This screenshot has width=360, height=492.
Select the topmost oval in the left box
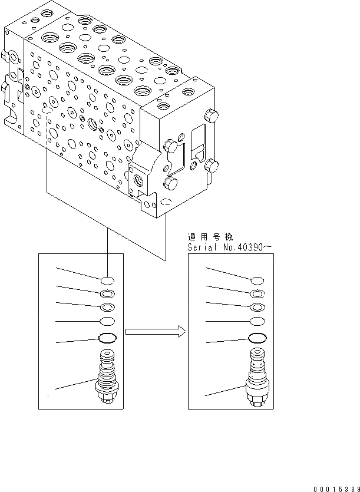coord(108,280)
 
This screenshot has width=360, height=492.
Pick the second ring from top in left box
coord(108,294)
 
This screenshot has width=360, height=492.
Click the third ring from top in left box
coord(108,307)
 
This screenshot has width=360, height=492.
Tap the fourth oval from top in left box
coord(108,321)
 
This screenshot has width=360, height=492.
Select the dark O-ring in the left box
coord(108,338)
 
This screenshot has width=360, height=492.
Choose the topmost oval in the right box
coord(257,280)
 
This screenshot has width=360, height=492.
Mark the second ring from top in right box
coord(257,294)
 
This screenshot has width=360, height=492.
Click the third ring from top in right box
coord(257,307)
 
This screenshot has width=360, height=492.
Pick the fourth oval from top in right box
coord(257,321)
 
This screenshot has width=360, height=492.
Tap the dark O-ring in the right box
coord(257,338)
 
